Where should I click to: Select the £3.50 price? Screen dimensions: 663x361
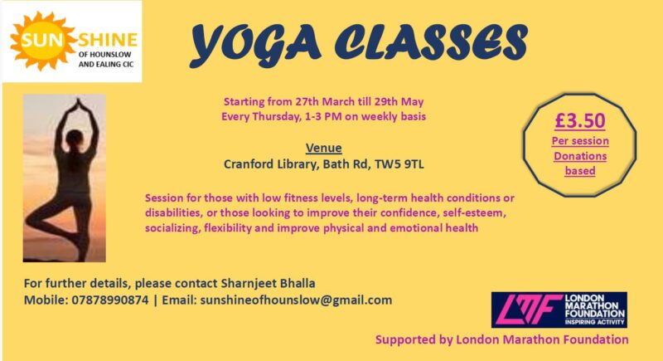click(x=579, y=120)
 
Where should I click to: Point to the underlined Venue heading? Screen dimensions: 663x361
click(x=323, y=148)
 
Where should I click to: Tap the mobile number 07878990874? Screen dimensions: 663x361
click(x=110, y=300)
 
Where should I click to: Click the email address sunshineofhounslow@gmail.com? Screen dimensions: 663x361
click(x=296, y=300)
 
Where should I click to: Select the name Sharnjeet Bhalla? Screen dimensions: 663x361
click(x=268, y=283)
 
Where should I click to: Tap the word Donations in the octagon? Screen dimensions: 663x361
click(x=580, y=156)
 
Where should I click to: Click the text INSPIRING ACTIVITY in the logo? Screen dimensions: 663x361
click(x=594, y=322)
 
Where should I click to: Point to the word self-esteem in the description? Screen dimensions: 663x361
click(x=474, y=212)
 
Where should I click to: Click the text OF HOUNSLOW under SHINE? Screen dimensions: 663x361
click(x=105, y=54)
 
